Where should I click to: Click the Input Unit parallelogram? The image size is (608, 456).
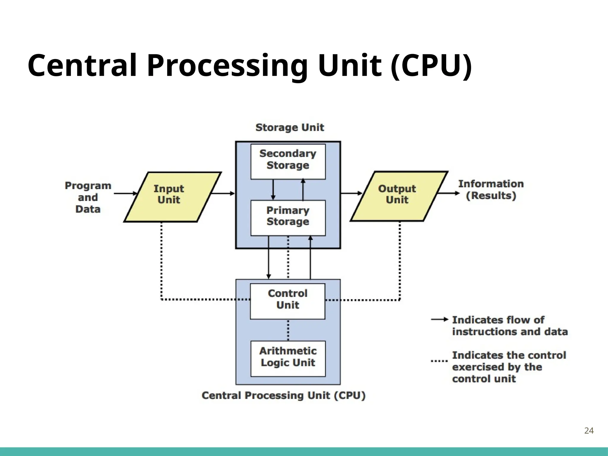click(172, 197)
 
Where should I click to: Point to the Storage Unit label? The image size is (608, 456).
click(289, 127)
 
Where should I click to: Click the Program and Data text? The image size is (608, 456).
click(88, 197)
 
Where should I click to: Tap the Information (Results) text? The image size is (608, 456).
click(491, 190)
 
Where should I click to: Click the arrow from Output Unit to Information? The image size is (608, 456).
click(449, 194)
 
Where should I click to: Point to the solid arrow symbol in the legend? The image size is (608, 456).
click(439, 319)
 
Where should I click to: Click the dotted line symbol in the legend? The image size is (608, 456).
click(439, 361)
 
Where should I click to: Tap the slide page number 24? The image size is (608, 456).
click(589, 431)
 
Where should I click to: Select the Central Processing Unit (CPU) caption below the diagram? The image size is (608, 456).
click(284, 396)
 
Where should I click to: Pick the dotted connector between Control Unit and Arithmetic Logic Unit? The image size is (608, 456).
click(288, 330)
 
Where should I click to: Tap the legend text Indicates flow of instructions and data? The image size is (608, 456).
click(509, 326)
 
